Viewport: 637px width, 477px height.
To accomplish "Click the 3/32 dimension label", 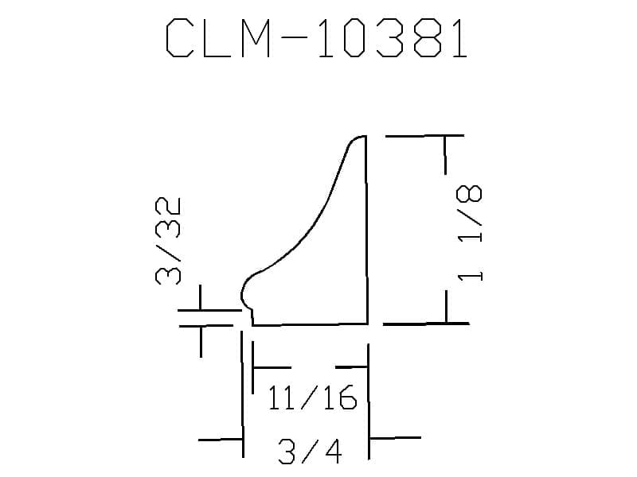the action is (x=168, y=241).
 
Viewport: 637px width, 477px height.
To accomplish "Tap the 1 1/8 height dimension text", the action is (x=470, y=233).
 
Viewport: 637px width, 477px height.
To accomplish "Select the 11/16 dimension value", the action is (x=312, y=397).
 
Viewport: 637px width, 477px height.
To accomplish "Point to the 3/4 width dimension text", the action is (x=310, y=451).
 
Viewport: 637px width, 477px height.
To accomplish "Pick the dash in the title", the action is (x=294, y=38).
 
